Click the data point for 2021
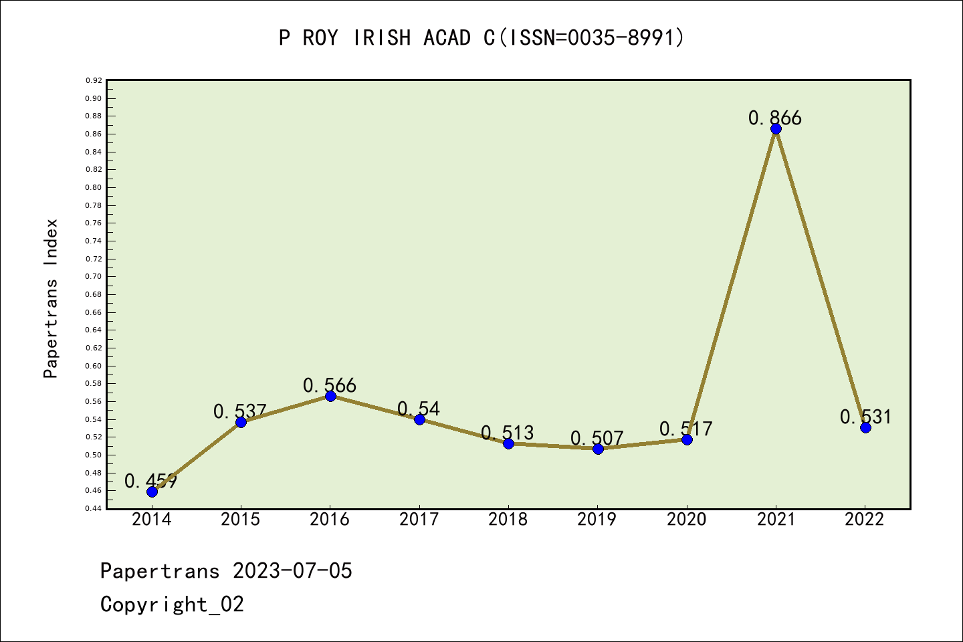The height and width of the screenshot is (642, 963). coord(776,129)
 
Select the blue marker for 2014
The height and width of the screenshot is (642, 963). coord(152,492)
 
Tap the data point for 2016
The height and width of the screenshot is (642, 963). coord(330,396)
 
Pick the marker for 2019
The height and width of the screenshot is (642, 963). coord(598,449)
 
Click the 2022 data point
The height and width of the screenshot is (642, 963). coord(865,427)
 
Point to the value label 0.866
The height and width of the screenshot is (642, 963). coord(774,118)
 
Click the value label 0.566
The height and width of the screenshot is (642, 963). coord(330,385)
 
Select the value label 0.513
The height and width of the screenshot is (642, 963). coord(508,433)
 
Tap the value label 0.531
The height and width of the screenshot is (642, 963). coord(865,417)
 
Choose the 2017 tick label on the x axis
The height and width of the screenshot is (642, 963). coord(419,520)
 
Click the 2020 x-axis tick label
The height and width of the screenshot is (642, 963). coord(687,520)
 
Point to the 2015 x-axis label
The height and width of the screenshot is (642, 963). coord(241,520)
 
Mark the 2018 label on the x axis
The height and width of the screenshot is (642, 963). coord(508,520)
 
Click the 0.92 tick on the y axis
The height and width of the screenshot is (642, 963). coord(94,80)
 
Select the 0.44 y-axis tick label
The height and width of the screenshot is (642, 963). coord(94,508)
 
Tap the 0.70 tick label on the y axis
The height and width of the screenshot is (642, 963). coord(94,276)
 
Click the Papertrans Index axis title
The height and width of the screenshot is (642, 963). coord(51,298)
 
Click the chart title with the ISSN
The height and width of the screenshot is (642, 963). coord(481,38)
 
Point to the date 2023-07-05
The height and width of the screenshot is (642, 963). coord(292,571)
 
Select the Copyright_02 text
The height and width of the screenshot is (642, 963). coord(172,605)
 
